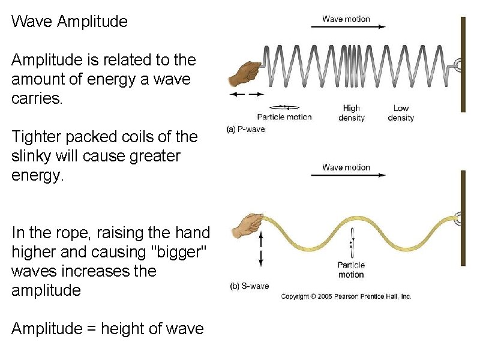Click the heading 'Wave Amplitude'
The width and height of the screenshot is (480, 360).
[70, 22]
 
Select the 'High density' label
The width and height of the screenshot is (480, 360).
[351, 113]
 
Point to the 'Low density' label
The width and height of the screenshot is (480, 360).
[401, 113]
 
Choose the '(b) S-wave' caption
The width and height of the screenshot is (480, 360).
[250, 286]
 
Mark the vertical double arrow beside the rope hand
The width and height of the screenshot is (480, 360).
[262, 250]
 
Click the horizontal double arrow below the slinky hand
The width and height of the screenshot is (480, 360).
[247, 94]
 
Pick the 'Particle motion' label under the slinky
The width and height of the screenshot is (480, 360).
[284, 116]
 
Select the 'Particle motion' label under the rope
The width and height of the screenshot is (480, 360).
[351, 269]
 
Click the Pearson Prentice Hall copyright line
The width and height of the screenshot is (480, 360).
[346, 296]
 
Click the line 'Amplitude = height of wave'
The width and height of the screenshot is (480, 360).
[107, 329]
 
